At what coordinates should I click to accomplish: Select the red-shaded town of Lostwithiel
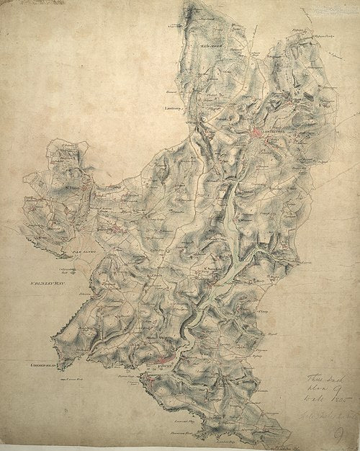pyautogui.click(x=259, y=134)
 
